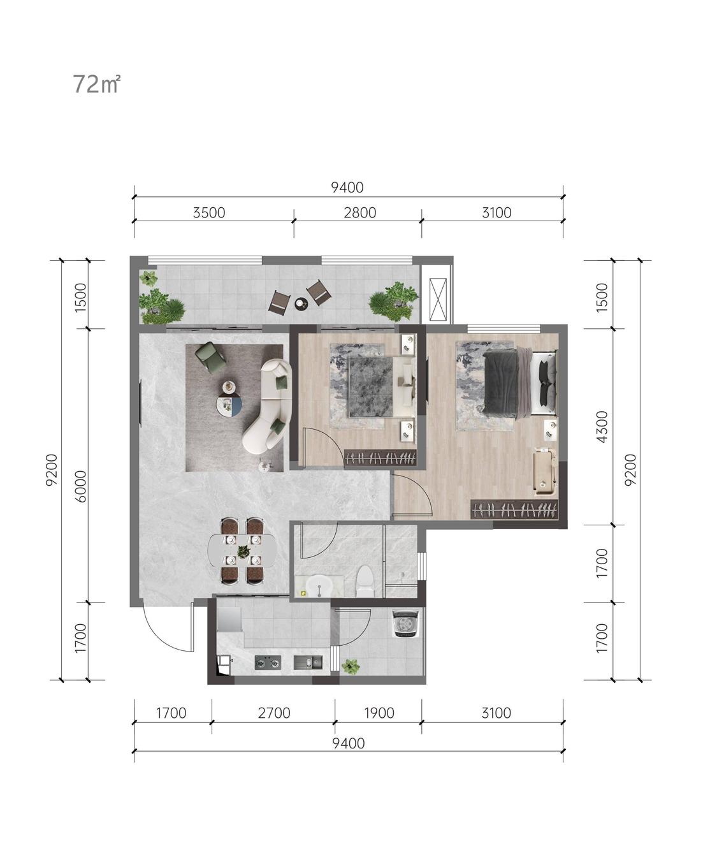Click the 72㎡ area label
tap(96, 84)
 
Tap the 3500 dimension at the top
tap(209, 213)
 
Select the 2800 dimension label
tap(359, 213)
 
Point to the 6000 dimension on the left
tap(81, 486)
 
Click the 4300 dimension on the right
tap(602, 426)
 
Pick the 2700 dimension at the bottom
tap(273, 713)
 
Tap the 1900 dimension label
tap(379, 713)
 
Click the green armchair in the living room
tap(210, 357)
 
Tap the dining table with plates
tap(242, 551)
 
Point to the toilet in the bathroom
tap(365, 582)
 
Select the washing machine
tap(406, 624)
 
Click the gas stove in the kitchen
tap(268, 662)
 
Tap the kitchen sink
tap(308, 662)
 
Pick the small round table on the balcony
tap(301, 303)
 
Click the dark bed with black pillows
tap(519, 383)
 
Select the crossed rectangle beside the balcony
tap(438, 299)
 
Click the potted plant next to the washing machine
tap(351, 666)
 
